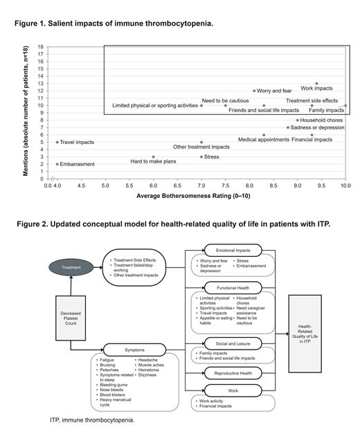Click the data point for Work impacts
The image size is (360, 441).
coord(316,84)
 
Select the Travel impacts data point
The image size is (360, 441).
coord(57,142)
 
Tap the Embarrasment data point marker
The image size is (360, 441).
coord(57,164)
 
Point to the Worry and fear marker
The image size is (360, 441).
coord(254,91)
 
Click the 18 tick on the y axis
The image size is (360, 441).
coord(41,47)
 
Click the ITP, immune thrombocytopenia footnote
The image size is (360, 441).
coord(92,420)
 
